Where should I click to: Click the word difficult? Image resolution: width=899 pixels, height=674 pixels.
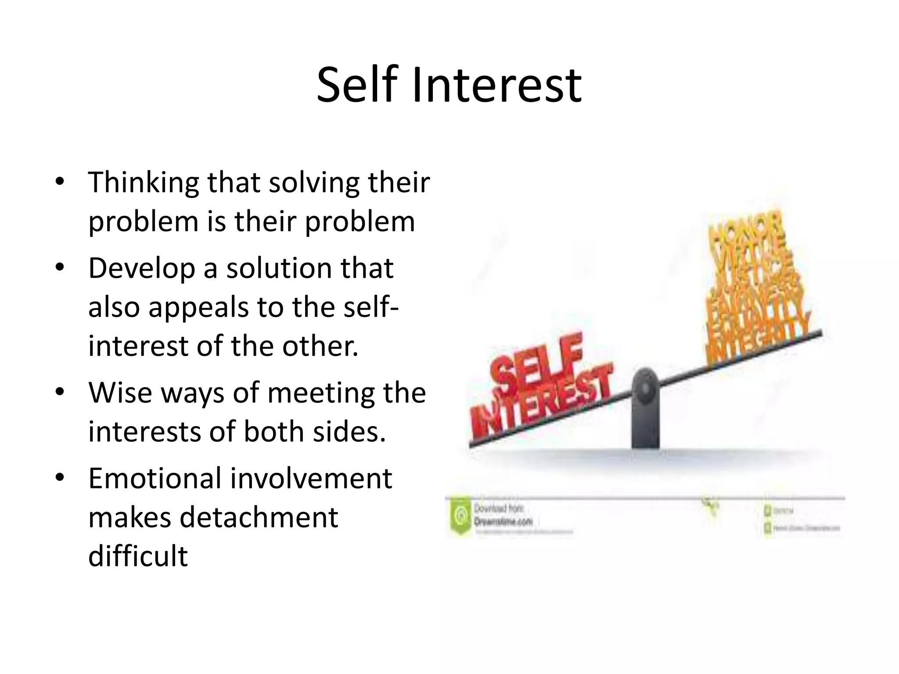click(x=138, y=556)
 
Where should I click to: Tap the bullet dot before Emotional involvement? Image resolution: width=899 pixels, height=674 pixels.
click(x=60, y=477)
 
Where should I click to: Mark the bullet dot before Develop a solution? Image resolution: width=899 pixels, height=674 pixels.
click(x=60, y=267)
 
